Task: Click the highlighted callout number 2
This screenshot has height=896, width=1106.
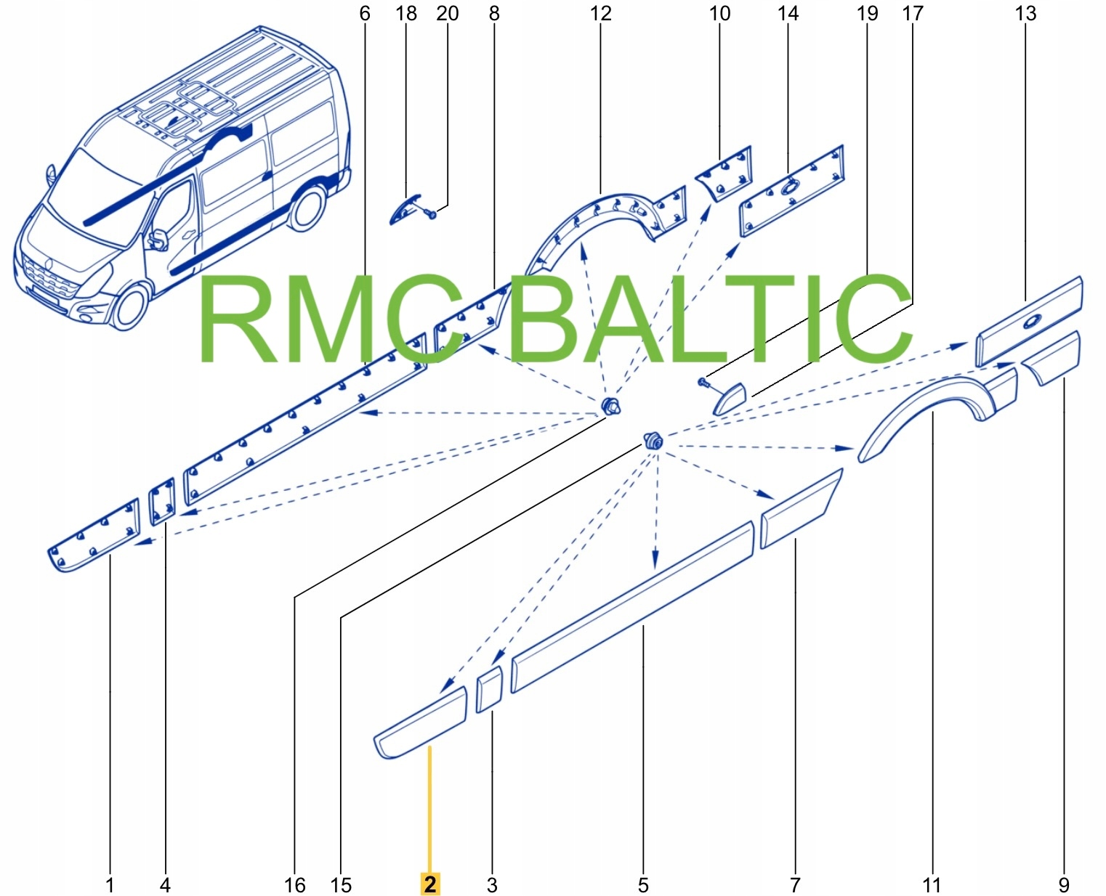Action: pyautogui.click(x=430, y=884)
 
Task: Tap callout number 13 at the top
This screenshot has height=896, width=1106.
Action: pyautogui.click(x=1025, y=14)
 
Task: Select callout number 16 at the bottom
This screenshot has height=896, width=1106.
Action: pyautogui.click(x=294, y=885)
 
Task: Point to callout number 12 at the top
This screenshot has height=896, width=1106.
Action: pyautogui.click(x=601, y=14)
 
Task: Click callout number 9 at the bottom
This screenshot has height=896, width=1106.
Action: pyautogui.click(x=1064, y=885)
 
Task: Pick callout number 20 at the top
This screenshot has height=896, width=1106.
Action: pyautogui.click(x=448, y=14)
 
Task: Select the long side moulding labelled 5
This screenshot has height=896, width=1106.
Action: pyautogui.click(x=632, y=606)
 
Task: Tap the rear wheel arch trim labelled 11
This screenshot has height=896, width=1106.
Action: pyautogui.click(x=934, y=407)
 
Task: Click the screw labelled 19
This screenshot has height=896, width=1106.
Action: pyautogui.click(x=703, y=382)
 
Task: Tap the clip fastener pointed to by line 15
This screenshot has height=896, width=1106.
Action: pyautogui.click(x=653, y=439)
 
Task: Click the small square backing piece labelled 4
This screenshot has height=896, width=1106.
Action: pyautogui.click(x=162, y=501)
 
